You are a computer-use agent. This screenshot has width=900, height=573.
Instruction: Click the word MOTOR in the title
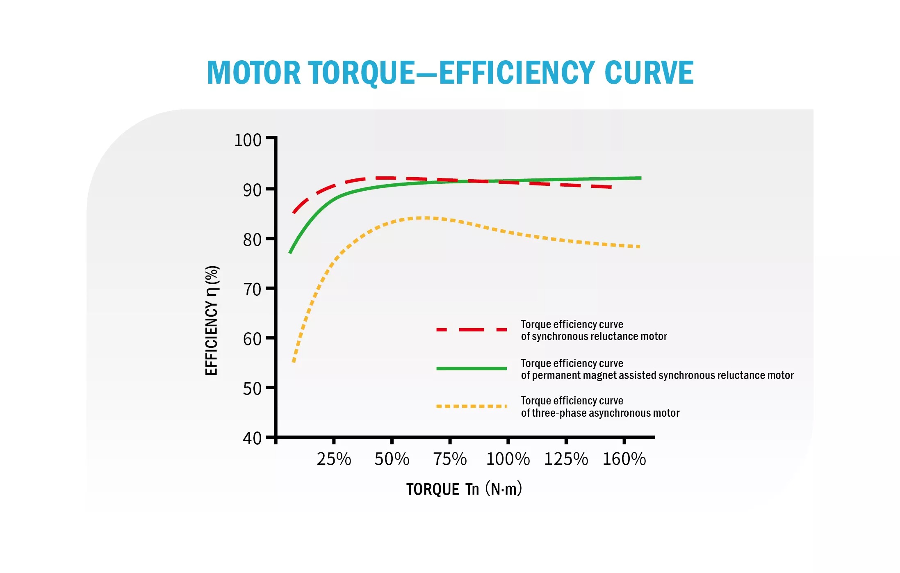[254, 73]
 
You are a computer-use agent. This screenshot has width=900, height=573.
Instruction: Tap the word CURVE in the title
[649, 73]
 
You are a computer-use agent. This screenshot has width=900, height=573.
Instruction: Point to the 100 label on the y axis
[248, 140]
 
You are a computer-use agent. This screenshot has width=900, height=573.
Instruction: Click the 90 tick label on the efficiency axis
[252, 190]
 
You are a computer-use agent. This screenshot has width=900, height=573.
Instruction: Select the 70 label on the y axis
[252, 290]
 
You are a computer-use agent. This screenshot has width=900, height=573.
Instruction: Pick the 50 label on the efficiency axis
[252, 389]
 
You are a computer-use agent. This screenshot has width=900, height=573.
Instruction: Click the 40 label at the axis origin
[252, 438]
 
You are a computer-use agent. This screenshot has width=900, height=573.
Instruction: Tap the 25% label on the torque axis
[334, 459]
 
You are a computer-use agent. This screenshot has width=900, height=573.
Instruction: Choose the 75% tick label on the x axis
[450, 459]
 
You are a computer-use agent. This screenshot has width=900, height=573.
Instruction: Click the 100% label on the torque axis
[508, 459]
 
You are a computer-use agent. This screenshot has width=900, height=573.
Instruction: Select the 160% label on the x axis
[624, 459]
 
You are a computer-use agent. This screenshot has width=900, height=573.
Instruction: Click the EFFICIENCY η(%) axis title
[212, 320]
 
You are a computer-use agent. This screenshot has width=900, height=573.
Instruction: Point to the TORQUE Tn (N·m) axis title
[464, 489]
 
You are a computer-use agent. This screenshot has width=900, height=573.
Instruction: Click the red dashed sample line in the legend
[472, 330]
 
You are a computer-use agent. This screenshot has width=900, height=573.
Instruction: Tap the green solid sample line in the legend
[472, 368]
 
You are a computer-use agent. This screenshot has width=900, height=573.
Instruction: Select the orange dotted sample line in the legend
[472, 406]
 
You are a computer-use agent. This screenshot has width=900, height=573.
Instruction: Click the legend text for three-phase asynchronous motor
[600, 407]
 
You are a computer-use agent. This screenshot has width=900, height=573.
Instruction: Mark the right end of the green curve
[640, 178]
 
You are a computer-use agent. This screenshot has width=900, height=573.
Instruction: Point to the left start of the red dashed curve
[294, 213]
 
